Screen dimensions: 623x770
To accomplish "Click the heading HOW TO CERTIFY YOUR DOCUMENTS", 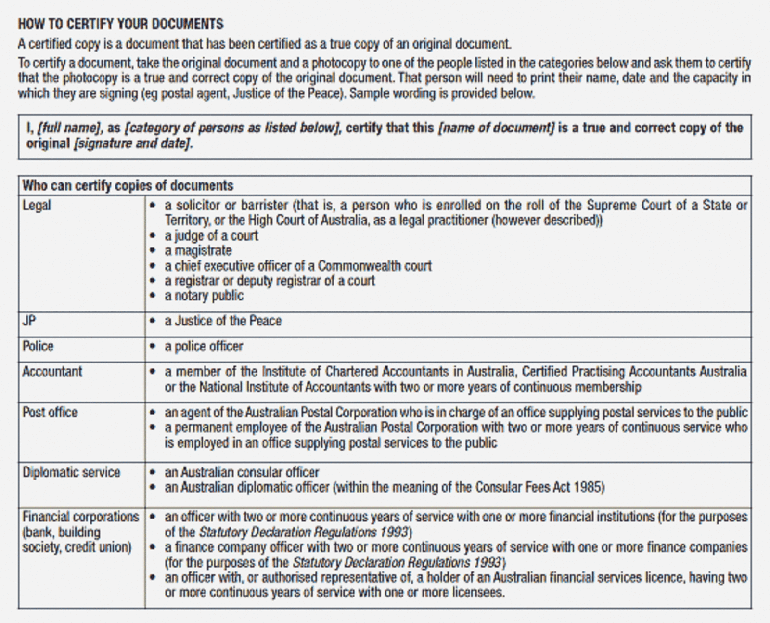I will click(x=121, y=24).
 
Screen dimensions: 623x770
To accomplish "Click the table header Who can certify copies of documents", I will click(x=128, y=185).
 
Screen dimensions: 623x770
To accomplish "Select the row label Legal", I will click(x=37, y=205).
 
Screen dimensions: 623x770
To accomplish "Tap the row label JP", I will click(x=29, y=321).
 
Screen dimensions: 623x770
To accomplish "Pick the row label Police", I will click(x=38, y=346).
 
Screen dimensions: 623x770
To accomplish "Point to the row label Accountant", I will click(x=52, y=372).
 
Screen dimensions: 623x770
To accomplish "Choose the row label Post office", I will click(x=50, y=413).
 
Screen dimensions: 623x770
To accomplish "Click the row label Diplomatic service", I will click(x=71, y=472).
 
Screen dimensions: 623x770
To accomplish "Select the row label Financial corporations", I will click(x=80, y=517).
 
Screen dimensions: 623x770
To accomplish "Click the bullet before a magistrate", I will click(x=153, y=251).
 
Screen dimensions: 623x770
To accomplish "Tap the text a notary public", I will click(x=204, y=296).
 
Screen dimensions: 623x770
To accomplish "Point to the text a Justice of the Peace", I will click(x=223, y=321).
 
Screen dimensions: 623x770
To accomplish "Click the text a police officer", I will click(x=204, y=347).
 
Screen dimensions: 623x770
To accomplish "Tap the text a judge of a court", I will click(x=211, y=236).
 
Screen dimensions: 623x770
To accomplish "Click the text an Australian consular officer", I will click(x=242, y=472).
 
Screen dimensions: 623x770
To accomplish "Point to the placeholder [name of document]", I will click(x=496, y=128).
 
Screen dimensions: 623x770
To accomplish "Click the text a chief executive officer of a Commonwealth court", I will click(x=298, y=266).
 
